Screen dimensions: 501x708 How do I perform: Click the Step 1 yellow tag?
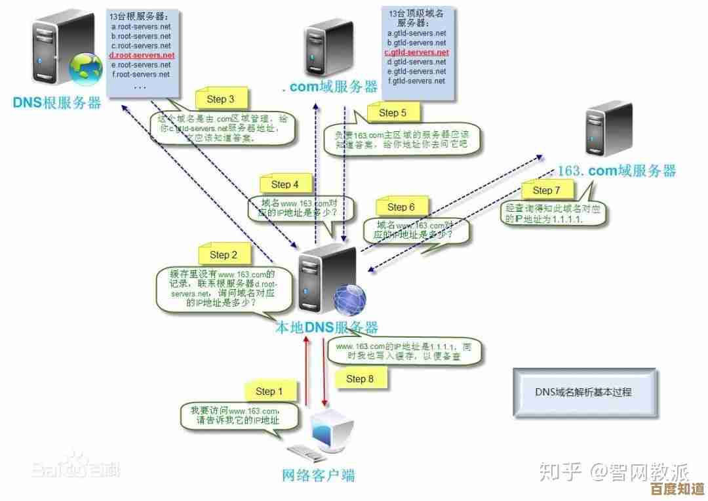(x=269, y=391)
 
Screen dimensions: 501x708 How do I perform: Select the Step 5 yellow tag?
(x=393, y=113)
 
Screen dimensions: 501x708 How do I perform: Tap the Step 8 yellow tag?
(x=360, y=378)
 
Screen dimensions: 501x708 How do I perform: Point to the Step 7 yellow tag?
(x=547, y=190)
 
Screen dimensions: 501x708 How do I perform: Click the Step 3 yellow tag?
(x=221, y=100)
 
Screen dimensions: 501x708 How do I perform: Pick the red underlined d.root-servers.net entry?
(x=141, y=56)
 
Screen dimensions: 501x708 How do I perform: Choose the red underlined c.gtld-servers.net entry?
(x=416, y=52)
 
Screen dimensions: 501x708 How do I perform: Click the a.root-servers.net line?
(x=141, y=27)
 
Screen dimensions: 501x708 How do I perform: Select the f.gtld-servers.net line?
(x=416, y=81)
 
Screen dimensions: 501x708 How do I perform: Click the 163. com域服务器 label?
(x=616, y=171)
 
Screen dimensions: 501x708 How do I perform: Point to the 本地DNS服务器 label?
(x=326, y=327)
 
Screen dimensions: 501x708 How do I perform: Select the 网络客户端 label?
(x=318, y=474)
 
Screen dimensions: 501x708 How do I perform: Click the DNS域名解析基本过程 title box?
(x=583, y=392)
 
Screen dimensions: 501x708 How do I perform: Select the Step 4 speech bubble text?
(x=300, y=208)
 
